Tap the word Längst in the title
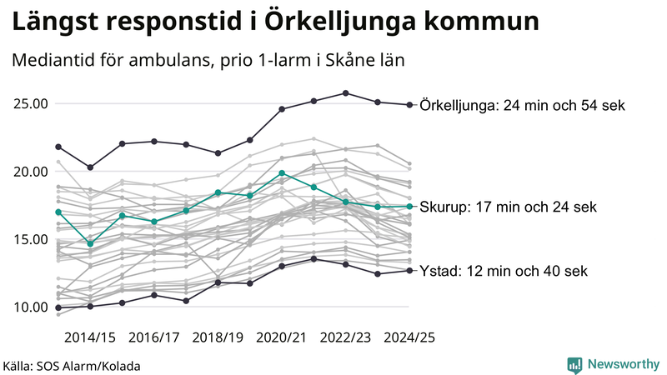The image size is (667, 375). tap(53, 21)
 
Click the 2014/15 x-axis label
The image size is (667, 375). tap(89, 337)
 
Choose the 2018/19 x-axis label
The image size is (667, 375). tap(218, 337)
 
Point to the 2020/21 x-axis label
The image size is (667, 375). tap(282, 337)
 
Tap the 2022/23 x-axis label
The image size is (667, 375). tap(345, 337)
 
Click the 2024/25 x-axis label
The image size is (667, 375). tap(409, 337)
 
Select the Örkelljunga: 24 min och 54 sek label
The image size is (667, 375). tap(522, 105)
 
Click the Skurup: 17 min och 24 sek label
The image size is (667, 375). tap(508, 206)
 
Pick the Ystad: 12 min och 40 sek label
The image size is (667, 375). tap(504, 271)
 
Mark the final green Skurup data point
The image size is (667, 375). tap(409, 206)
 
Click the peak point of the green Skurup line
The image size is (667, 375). tap(282, 172)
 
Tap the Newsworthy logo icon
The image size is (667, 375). tap(574, 364)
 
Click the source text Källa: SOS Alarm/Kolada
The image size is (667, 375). tap(72, 366)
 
